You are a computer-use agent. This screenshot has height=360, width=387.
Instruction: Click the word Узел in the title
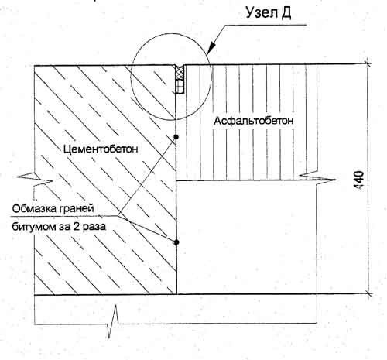coord(260,12)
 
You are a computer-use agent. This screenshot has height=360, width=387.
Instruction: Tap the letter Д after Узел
coord(286,13)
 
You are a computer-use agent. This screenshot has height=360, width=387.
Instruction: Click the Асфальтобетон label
coord(253,121)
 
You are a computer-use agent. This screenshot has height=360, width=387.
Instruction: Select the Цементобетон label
coord(101,149)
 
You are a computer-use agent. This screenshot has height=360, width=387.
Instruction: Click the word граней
coord(77,209)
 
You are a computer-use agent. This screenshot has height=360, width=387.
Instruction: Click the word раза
coord(94,227)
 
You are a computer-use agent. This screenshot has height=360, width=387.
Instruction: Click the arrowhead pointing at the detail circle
coord(212,47)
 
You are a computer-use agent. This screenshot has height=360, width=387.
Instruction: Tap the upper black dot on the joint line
coord(176,136)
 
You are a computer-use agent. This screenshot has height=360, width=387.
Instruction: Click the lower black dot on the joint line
coord(176,242)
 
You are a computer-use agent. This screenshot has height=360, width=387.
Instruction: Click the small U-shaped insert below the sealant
coord(180,87)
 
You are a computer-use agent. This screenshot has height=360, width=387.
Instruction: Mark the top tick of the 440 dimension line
coord(368,63)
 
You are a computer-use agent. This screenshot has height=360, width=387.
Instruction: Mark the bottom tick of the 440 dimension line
coord(368,293)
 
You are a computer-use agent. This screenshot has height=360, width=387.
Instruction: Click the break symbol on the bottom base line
coord(113,321)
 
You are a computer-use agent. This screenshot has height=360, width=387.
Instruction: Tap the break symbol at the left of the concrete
coord(35,179)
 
